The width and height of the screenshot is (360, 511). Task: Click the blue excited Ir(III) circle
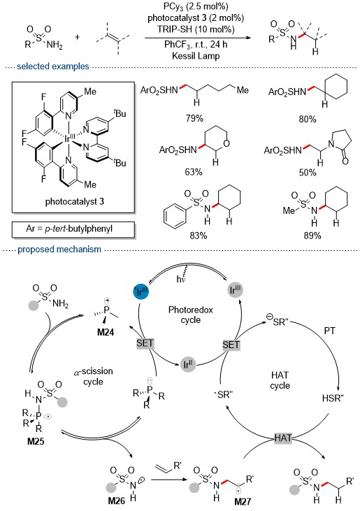pyautogui.click(x=141, y=292)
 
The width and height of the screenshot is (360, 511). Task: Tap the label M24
pyautogui.click(x=106, y=333)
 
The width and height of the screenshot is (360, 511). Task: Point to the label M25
pyautogui.click(x=36, y=442)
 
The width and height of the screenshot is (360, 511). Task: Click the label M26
pyautogui.click(x=116, y=501)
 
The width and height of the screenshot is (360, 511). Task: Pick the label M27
pyautogui.click(x=243, y=501)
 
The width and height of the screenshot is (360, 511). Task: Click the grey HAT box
pyautogui.click(x=283, y=438)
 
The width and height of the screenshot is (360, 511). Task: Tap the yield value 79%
pyautogui.click(x=194, y=118)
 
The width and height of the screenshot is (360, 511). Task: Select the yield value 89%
pyautogui.click(x=312, y=236)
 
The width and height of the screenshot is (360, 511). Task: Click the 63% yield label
pyautogui.click(x=194, y=172)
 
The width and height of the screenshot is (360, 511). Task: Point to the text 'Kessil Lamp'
pyautogui.click(x=196, y=56)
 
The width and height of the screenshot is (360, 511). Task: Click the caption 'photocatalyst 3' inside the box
pyautogui.click(x=75, y=202)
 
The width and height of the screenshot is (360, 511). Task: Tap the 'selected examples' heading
pyautogui.click(x=53, y=66)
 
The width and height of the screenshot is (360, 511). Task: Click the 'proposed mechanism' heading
pyautogui.click(x=59, y=250)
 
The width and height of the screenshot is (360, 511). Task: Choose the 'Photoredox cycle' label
pyautogui.click(x=191, y=315)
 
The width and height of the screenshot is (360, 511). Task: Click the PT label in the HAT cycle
pyautogui.click(x=329, y=331)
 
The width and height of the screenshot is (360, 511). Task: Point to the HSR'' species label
pyautogui.click(x=333, y=398)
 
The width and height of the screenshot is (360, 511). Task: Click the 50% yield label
pyautogui.click(x=308, y=172)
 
